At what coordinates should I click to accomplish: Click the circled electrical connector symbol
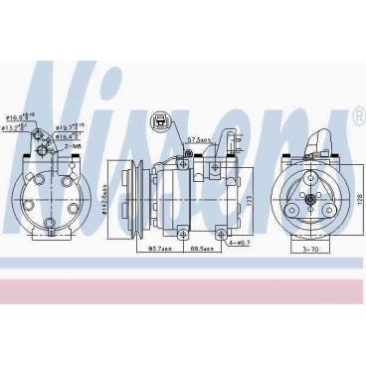pos(159,123)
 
